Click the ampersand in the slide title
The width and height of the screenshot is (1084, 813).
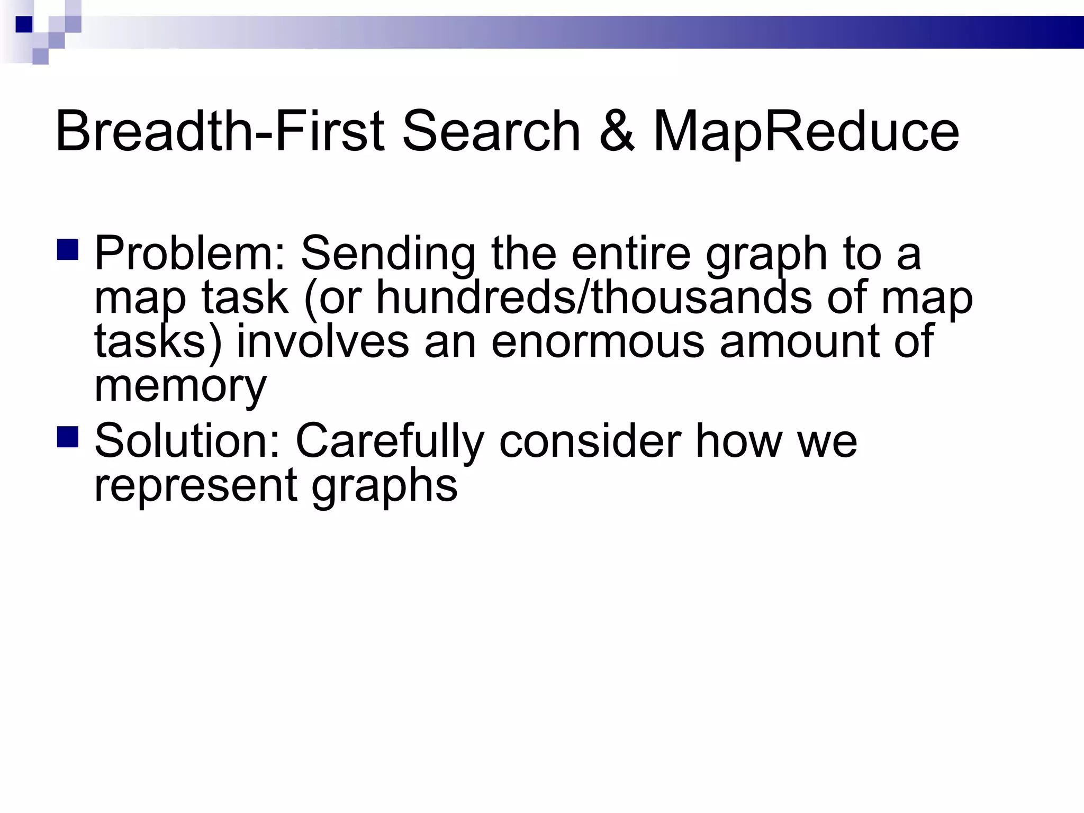[617, 131]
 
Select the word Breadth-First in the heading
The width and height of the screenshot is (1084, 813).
[220, 131]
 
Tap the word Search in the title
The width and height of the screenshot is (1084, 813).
[491, 131]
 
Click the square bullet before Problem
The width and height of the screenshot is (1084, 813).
[68, 250]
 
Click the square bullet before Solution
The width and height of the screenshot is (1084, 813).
[68, 437]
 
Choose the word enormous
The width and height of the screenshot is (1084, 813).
[598, 342]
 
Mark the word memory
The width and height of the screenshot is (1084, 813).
[180, 386]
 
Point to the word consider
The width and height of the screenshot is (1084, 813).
[590, 441]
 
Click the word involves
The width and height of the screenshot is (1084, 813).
[323, 342]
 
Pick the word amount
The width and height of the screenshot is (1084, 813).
[799, 342]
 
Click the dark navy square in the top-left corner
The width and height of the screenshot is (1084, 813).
[24, 24]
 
